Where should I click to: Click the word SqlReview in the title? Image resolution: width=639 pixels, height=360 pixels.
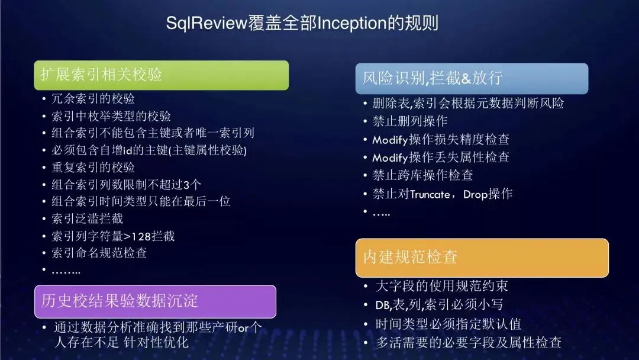click(x=206, y=23)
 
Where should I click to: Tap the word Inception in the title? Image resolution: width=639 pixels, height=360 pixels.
click(x=352, y=23)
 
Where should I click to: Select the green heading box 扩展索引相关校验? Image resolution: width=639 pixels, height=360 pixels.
click(x=162, y=75)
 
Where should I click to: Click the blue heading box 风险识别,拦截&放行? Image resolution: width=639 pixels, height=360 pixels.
click(x=472, y=78)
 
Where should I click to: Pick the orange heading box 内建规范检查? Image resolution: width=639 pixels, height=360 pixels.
click(x=482, y=258)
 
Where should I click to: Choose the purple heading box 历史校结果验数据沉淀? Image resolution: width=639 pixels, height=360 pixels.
click(x=155, y=301)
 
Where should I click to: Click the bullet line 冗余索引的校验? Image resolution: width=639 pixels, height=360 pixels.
click(x=93, y=99)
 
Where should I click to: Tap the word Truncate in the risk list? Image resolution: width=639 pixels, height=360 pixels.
click(x=430, y=194)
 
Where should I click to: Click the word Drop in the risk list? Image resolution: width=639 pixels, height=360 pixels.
click(x=475, y=194)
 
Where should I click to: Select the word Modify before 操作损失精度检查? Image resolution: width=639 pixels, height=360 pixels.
click(x=390, y=140)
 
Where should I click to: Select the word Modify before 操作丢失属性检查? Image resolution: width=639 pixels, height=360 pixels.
click(x=390, y=157)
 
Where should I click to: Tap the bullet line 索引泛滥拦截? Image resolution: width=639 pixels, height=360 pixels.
click(x=87, y=219)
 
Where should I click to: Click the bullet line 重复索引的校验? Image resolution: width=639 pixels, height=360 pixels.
click(x=93, y=168)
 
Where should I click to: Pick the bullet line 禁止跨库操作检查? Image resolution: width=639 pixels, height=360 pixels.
click(x=422, y=175)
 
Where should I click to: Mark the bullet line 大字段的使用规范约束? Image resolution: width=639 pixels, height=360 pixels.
click(x=442, y=286)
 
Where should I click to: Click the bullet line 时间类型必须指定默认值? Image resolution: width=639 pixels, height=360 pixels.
click(x=448, y=324)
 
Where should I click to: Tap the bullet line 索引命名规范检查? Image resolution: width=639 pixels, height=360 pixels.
click(x=99, y=253)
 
